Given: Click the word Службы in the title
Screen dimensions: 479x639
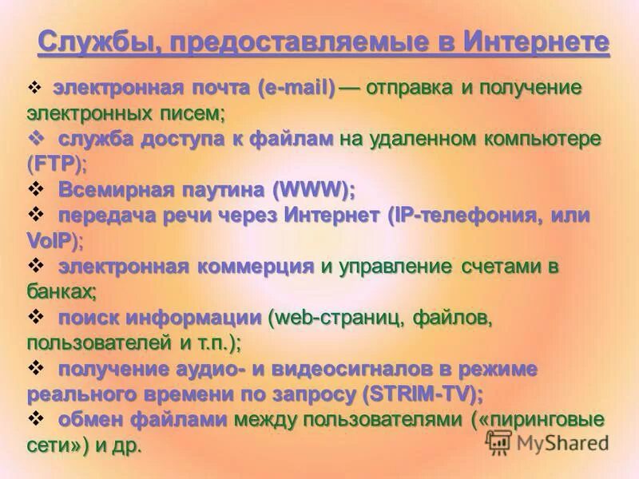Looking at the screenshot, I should [90, 42].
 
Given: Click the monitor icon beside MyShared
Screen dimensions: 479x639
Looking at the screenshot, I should [499, 443].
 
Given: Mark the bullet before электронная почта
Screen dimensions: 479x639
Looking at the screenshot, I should [34, 87].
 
